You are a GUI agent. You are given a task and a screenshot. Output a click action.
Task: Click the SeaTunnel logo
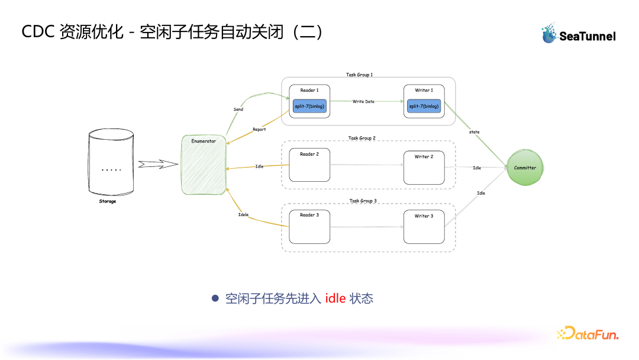click(578, 34)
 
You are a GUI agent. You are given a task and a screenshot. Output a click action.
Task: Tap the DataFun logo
click(587, 333)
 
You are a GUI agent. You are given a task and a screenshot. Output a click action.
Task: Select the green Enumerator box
click(204, 165)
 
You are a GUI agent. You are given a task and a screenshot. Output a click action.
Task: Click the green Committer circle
click(525, 168)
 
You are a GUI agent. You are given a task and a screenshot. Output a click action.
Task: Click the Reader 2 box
click(309, 165)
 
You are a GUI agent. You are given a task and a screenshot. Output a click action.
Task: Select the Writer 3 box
click(424, 226)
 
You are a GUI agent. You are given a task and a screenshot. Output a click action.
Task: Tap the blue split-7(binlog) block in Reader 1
click(309, 107)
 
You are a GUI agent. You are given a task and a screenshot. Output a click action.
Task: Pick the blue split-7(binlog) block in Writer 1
click(424, 107)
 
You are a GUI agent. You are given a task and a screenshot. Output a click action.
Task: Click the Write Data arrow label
click(363, 102)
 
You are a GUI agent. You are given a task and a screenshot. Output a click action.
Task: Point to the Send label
click(238, 110)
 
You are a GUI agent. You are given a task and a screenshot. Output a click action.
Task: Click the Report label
click(259, 129)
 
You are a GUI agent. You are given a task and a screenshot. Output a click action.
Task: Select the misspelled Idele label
click(243, 214)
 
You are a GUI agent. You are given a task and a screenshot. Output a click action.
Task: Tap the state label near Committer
click(475, 131)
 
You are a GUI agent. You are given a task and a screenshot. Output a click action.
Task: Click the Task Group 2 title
click(362, 138)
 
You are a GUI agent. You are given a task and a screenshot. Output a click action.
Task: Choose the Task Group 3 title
click(363, 201)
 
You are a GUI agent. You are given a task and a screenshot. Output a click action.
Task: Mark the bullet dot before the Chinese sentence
click(215, 298)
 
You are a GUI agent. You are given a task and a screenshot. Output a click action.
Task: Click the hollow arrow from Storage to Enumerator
click(158, 164)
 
